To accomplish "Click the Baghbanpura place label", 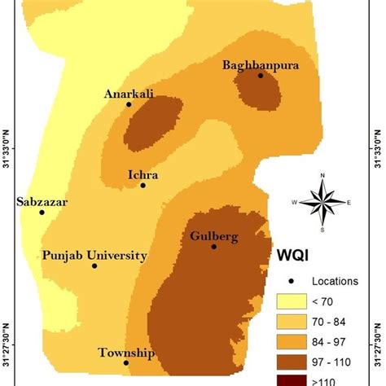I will point(260,64).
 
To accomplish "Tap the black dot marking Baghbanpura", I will point(261,76).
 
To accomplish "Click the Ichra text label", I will point(143,173).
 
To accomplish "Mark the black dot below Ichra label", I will point(143,185).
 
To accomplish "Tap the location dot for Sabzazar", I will point(42,213).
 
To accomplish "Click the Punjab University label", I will point(95,255).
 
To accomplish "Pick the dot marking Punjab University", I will point(94,265).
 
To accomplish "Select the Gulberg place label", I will point(214,236).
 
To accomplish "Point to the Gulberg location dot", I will point(213,246).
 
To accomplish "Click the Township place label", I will point(126,353).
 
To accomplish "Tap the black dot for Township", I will point(126,362).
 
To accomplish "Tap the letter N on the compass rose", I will point(323,175).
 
